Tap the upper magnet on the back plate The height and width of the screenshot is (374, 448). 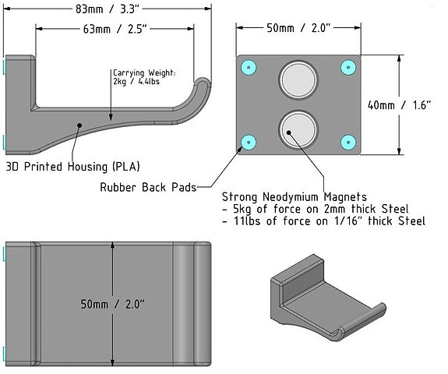click(x=298, y=79)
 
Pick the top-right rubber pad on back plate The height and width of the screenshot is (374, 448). click(x=347, y=67)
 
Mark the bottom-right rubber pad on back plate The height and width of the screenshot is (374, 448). click(x=347, y=141)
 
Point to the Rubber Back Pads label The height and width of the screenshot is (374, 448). click(x=147, y=187)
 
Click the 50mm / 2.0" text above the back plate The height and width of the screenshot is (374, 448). click(x=299, y=29)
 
